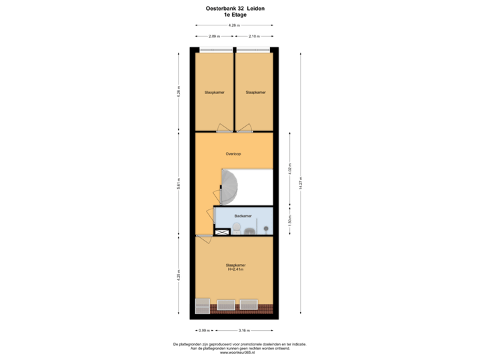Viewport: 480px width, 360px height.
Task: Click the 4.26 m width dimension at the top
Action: pyautogui.click(x=233, y=25)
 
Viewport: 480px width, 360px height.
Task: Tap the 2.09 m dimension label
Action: pyautogui.click(x=214, y=35)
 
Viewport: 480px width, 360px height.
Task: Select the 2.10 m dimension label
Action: pyautogui.click(x=254, y=35)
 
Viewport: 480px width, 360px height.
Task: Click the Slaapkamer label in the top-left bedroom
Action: pyautogui.click(x=214, y=92)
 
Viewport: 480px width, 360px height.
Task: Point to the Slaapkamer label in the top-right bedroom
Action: pyautogui.click(x=255, y=92)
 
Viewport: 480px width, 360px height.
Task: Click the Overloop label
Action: pyautogui.click(x=233, y=154)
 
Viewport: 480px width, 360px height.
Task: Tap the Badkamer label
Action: pyautogui.click(x=243, y=216)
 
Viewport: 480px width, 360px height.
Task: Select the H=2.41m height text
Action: pyautogui.click(x=236, y=270)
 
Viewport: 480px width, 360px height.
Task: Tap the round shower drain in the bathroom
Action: pyautogui.click(x=267, y=229)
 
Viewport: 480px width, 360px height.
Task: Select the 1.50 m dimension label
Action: pyautogui.click(x=289, y=220)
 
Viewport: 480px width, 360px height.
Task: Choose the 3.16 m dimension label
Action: pyautogui.click(x=244, y=329)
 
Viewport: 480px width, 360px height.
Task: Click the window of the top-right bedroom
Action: pyautogui.click(x=255, y=49)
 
